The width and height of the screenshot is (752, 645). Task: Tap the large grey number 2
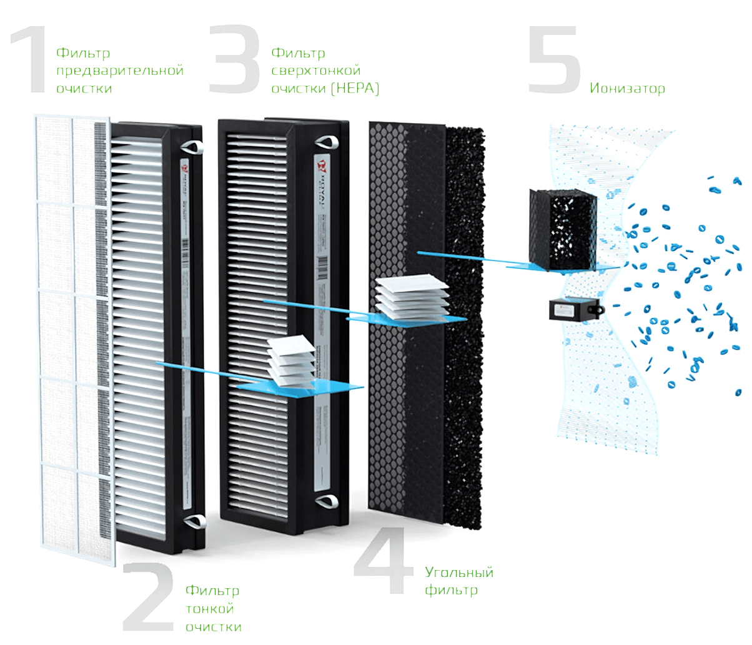tap(148, 597)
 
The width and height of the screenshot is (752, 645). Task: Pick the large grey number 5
tap(553, 61)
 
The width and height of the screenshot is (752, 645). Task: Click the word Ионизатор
tap(627, 89)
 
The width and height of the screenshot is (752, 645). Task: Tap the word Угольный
tap(459, 573)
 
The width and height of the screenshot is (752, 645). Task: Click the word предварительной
tap(120, 71)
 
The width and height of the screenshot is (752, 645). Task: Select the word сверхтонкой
tap(316, 71)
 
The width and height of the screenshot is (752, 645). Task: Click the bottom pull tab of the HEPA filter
tap(327, 500)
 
